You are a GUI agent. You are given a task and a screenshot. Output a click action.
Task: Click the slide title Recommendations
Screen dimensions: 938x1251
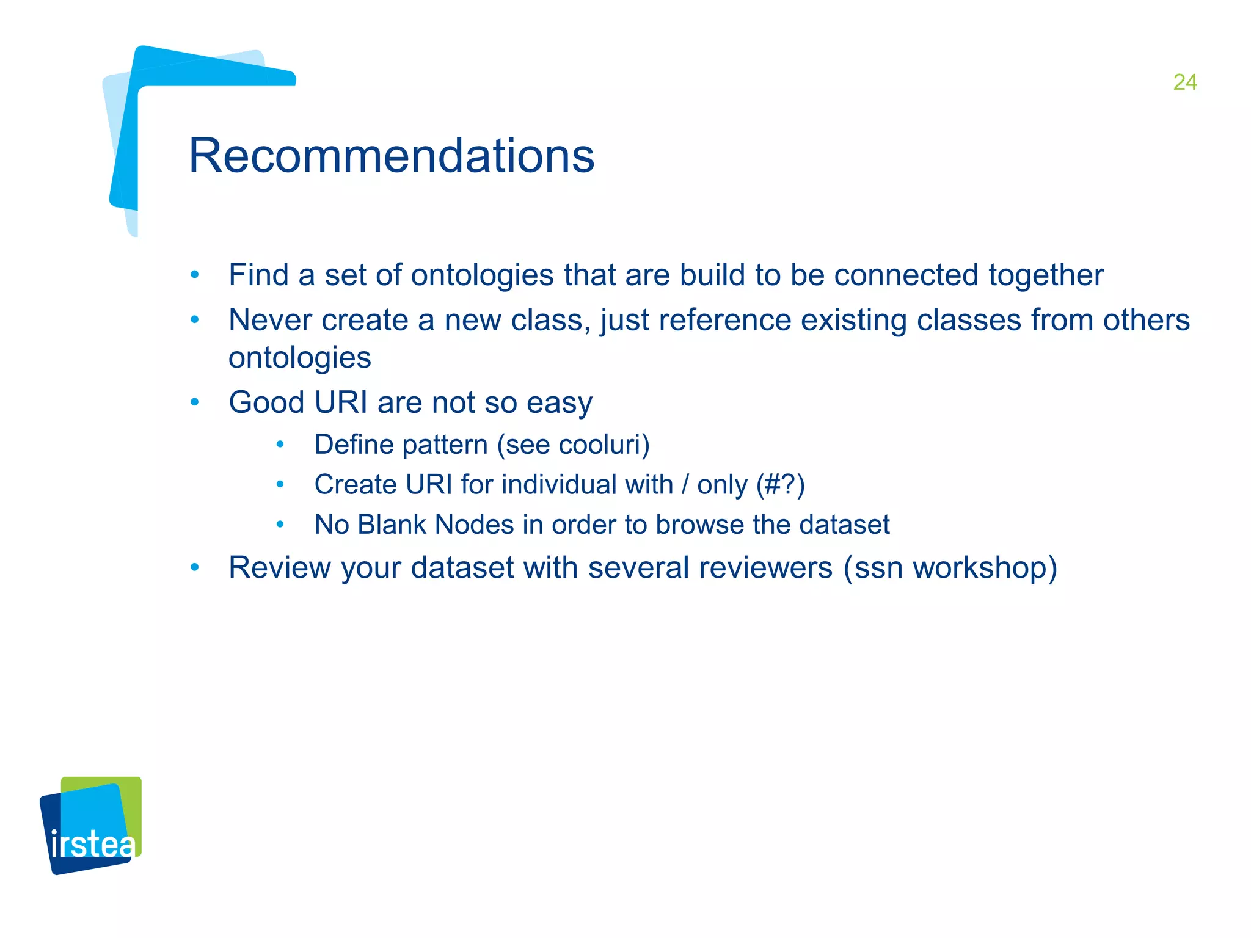(392, 156)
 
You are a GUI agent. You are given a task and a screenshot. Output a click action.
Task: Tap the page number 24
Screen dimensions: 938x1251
(1184, 82)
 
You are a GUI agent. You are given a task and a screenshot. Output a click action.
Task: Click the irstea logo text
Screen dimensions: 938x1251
(92, 845)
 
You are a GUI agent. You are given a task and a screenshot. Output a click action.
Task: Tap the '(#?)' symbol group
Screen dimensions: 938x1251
(780, 485)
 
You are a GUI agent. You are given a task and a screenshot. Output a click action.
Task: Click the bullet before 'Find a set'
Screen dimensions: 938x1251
(194, 275)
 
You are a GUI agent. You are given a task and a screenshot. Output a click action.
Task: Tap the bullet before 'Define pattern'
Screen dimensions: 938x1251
(280, 445)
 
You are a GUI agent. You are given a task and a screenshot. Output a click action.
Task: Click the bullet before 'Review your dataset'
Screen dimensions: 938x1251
(194, 568)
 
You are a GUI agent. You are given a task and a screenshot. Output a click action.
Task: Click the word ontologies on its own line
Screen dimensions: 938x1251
(299, 358)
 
